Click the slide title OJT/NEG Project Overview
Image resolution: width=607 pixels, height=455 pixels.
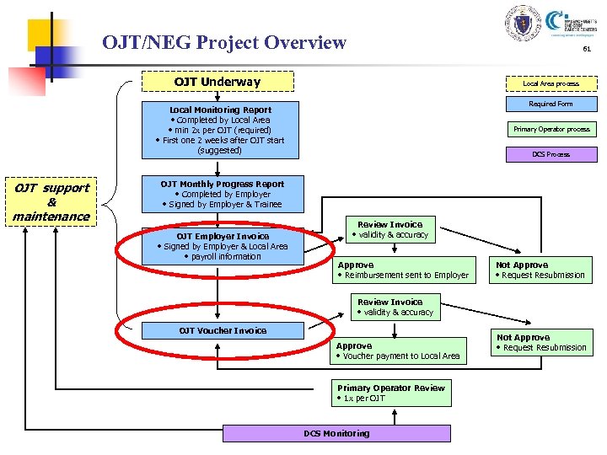point(223,42)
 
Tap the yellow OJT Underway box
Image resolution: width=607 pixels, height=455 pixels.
point(218,82)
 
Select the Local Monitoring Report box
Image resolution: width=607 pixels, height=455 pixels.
point(220,130)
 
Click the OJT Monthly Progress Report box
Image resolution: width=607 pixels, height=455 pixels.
point(223,194)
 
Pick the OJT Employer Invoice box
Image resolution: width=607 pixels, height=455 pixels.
point(223,246)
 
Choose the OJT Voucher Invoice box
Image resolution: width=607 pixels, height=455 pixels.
point(223,330)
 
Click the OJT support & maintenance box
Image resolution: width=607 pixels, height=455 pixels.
point(51,202)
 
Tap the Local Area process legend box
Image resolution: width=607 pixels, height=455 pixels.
point(551,83)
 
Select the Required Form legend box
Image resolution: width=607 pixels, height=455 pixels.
point(551,104)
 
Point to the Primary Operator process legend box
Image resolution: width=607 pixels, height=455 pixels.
point(551,129)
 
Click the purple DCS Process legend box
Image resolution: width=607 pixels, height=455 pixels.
point(551,154)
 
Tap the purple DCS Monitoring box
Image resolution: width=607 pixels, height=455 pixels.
point(336,433)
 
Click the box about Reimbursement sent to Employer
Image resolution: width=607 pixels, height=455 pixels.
point(402,270)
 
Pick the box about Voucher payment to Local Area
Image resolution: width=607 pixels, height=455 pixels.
point(398,351)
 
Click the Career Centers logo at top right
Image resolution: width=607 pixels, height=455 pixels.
point(573,23)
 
